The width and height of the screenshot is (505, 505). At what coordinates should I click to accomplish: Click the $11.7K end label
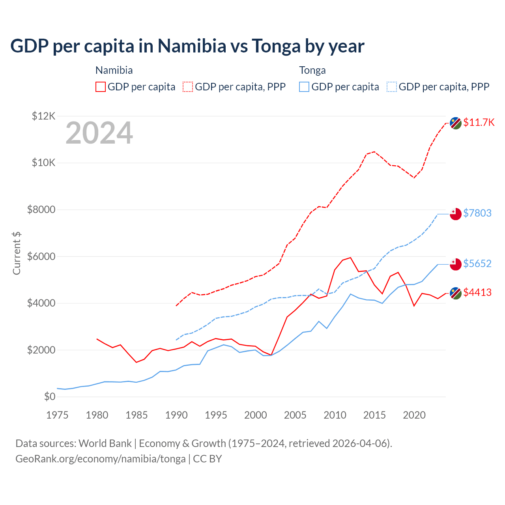479,122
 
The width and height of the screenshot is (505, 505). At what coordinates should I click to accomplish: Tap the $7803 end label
477,213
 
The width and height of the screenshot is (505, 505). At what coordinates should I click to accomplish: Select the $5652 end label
477,264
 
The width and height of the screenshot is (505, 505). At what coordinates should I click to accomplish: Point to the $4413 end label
477,292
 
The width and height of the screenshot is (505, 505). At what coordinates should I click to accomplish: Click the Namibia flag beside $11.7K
456,123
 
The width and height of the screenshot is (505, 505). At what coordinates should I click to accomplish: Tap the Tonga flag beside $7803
456,214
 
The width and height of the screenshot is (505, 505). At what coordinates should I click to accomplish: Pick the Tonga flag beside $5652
456,264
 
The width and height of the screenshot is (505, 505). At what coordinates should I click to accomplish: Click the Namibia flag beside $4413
456,293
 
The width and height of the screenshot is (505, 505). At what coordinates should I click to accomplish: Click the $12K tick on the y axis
44,116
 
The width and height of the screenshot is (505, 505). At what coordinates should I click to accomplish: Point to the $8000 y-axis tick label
41,209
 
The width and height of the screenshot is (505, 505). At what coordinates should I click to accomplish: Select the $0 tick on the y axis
50,397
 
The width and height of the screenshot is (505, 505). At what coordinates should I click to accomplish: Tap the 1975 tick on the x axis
57,415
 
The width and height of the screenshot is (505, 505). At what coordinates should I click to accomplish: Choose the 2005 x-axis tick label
295,415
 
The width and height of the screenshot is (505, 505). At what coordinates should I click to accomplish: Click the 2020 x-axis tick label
414,415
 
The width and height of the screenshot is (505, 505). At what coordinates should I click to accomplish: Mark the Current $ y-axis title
17,253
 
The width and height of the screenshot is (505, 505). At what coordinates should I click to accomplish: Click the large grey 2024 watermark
99,133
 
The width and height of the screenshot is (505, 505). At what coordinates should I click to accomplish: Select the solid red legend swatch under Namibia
101,87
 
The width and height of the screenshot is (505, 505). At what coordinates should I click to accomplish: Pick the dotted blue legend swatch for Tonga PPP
392,87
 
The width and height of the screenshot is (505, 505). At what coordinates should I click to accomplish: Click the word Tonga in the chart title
276,46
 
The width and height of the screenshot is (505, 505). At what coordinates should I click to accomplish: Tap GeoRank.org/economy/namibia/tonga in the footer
101,459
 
